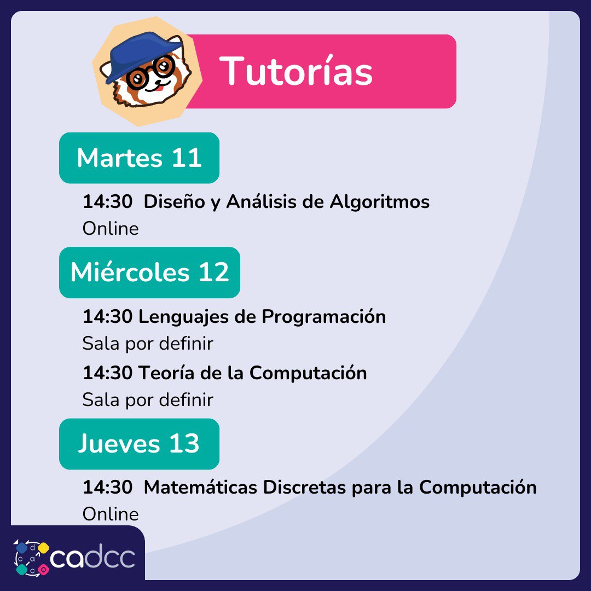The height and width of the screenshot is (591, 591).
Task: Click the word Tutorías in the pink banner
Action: [296, 71]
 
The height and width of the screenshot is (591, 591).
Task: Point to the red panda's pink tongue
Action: [159, 89]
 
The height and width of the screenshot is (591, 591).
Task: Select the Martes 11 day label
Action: [139, 158]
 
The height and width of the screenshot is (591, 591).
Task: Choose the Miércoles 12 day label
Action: [149, 273]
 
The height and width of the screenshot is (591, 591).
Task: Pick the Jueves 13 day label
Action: [139, 444]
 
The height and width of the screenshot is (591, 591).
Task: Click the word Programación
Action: [324, 317]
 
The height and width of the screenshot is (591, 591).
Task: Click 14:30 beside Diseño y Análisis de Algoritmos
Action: [107, 201]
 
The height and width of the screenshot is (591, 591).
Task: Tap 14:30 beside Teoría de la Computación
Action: [107, 373]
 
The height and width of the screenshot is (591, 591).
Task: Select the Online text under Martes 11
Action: [111, 229]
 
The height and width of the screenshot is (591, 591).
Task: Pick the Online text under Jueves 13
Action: [111, 514]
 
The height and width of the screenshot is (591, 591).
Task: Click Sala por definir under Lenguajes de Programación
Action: [148, 344]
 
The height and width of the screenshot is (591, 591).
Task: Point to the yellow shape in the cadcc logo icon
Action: [44, 548]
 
